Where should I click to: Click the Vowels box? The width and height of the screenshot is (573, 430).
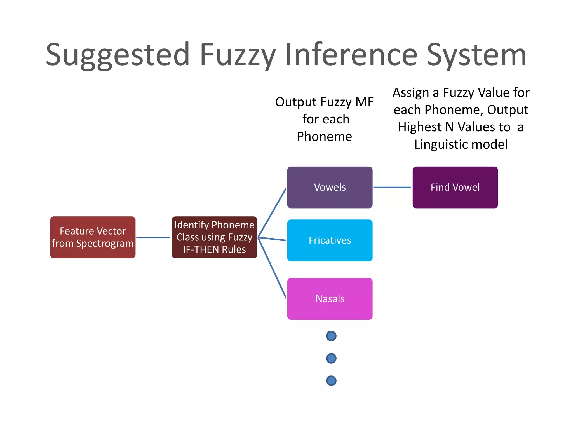coord(330,187)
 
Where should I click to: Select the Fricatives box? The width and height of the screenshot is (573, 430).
coord(330,240)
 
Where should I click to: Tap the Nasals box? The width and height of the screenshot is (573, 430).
coord(330,298)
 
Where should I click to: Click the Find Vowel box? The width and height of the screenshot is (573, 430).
coord(455,187)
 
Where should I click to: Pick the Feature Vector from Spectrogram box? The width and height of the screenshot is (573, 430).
coord(93,237)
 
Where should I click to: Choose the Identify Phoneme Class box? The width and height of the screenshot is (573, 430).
coord(214,237)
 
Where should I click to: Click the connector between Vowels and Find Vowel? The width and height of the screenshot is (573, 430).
coord(392,187)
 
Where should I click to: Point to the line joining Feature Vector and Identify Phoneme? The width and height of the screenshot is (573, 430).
coord(153,237)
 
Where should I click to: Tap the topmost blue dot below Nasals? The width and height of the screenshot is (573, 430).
coord(331,336)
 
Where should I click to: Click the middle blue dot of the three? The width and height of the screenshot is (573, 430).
coord(331,358)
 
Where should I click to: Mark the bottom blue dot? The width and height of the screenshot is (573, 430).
coord(331,381)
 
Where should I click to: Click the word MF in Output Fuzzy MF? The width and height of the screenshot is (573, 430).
coord(364,102)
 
